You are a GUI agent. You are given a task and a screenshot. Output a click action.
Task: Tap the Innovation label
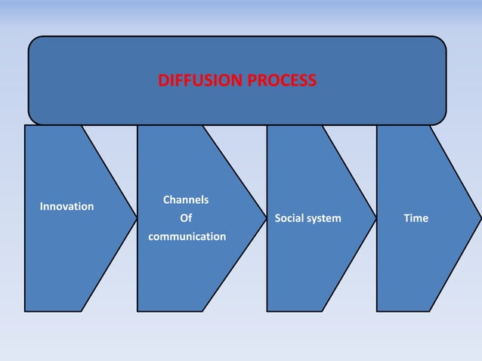pos(66,206)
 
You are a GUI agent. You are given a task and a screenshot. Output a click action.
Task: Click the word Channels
pos(186,200)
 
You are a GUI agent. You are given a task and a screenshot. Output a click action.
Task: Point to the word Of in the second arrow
pos(186,218)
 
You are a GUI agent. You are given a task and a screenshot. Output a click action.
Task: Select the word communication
pos(187,236)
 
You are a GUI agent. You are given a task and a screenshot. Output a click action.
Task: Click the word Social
pos(293,218)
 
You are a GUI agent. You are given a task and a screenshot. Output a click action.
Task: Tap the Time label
pos(416,218)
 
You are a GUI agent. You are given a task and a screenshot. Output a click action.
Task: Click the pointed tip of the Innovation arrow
pos(136,218)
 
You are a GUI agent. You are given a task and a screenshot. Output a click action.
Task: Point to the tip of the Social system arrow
pos(375,218)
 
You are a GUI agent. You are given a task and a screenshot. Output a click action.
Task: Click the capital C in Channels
pos(166,200)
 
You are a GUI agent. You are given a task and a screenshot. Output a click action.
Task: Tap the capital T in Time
pos(406,218)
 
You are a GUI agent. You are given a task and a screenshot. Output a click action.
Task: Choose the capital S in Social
pos(278,218)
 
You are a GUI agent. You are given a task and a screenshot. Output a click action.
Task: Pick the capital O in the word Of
pos(183,218)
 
